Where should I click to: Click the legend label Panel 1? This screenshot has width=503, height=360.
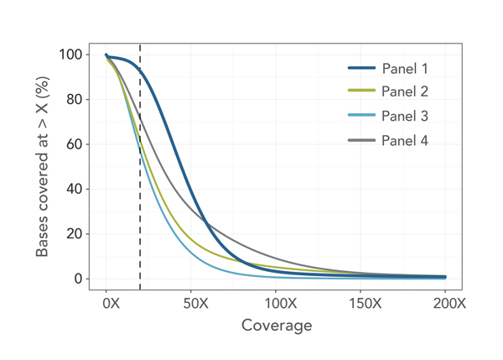(x=405, y=68)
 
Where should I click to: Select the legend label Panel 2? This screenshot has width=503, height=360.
(x=405, y=91)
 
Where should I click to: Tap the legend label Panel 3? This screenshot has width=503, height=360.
(x=405, y=116)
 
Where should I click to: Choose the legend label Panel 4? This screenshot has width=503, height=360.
(x=405, y=140)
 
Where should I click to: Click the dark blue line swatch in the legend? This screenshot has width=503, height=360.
(x=362, y=68)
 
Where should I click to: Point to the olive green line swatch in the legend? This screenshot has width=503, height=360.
(x=362, y=91)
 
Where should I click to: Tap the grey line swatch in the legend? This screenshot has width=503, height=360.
(x=362, y=140)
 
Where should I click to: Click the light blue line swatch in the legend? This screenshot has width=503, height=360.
(x=362, y=116)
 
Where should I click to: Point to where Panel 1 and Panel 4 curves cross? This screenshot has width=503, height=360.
(x=208, y=224)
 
